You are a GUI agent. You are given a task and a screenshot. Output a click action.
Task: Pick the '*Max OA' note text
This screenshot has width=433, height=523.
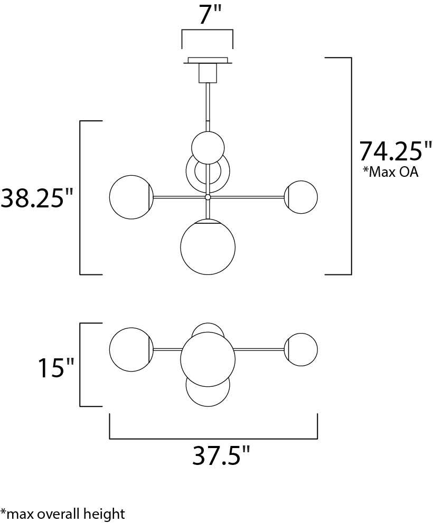pos(391,172)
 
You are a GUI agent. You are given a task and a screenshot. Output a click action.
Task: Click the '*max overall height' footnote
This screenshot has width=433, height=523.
pos(63,514)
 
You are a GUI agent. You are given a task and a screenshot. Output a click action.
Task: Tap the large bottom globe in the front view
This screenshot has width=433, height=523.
pos(208,247)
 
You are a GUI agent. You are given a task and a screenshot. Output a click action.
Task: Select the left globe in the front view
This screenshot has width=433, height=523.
pos(131,197)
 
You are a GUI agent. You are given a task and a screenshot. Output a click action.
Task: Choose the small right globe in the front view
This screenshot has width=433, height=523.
pos(301,197)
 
